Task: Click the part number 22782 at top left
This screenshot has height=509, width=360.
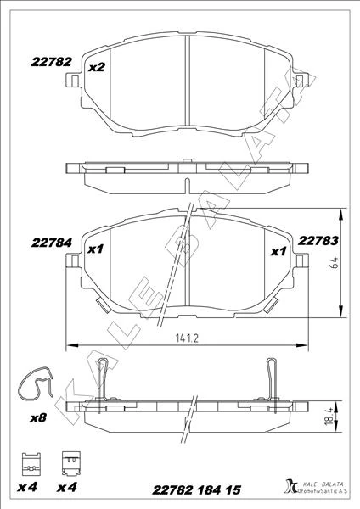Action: point(51,62)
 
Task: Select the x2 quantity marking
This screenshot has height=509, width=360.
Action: point(97,68)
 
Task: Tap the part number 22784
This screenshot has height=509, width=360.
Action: point(52,243)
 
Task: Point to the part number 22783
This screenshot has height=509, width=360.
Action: point(318,241)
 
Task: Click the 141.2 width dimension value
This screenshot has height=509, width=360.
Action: point(187,338)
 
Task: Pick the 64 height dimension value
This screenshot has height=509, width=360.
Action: point(334,262)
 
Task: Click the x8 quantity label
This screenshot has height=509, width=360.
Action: point(38,417)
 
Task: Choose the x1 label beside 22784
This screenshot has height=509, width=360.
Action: point(96,249)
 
